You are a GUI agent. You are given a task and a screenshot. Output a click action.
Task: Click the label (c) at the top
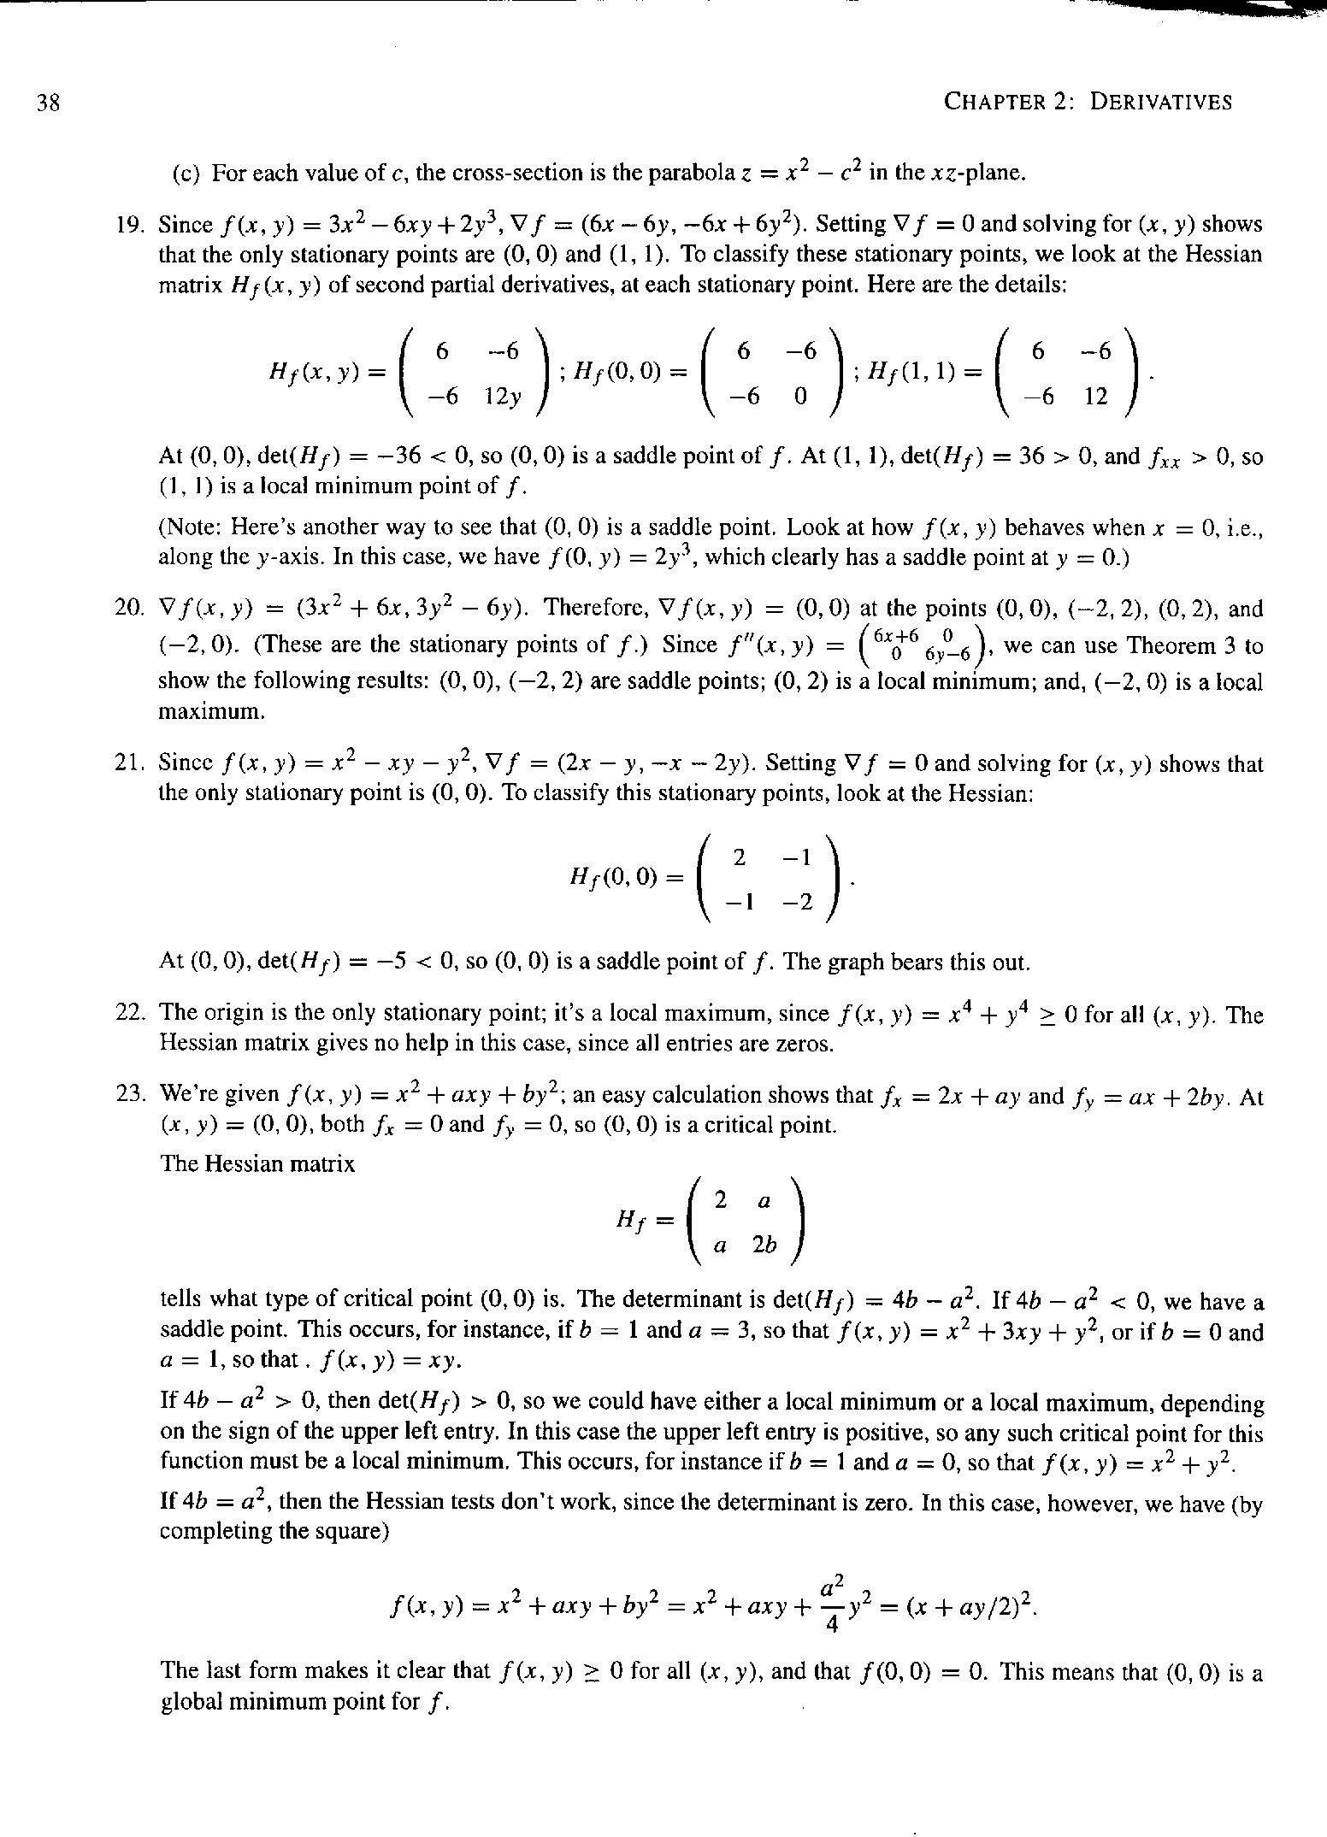tap(186, 174)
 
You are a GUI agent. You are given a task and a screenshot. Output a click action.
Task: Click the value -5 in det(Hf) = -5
tap(378, 963)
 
